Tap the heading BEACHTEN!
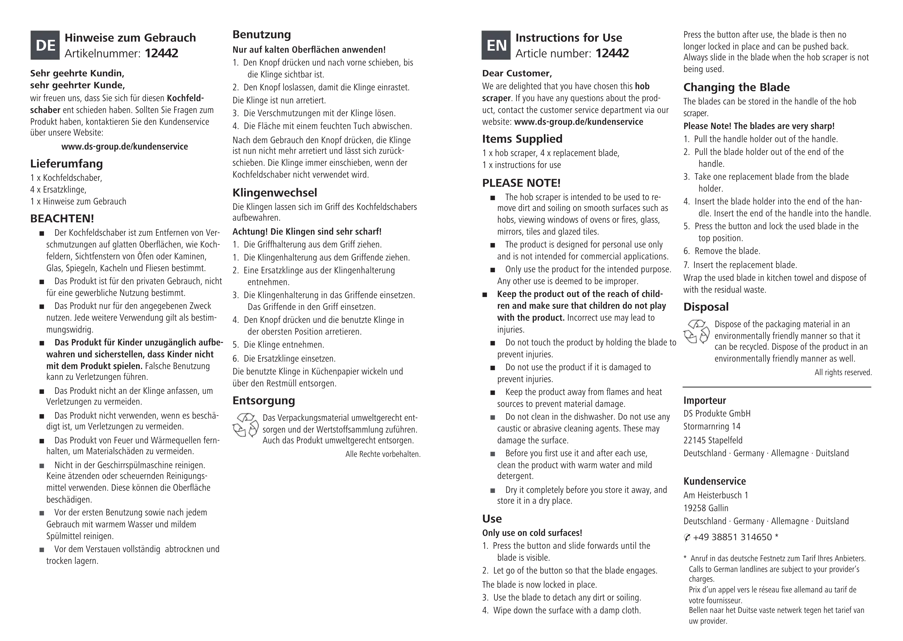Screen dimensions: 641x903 coord(62,218)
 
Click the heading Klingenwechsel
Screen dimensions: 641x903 coord(275,193)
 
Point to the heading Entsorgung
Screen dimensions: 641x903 coord(264,401)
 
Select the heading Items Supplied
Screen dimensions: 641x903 coord(522,139)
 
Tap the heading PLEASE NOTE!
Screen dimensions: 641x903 coord(521,183)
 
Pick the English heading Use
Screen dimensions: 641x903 coord(492,519)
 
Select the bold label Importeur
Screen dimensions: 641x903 coord(705,401)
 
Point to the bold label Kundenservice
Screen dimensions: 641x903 coord(714,481)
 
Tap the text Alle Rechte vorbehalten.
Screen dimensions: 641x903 coord(383,454)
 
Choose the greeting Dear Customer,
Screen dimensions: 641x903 coord(517,73)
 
